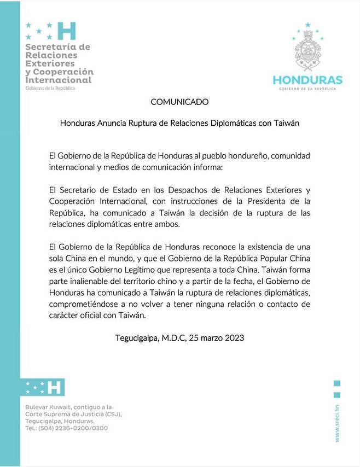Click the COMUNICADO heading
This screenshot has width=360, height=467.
[x=179, y=102]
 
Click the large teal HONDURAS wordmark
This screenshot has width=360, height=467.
[x=307, y=80]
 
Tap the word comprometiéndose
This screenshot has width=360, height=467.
[x=84, y=305]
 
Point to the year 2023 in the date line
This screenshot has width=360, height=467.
[x=233, y=338]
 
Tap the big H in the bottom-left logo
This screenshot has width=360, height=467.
[x=54, y=387]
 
